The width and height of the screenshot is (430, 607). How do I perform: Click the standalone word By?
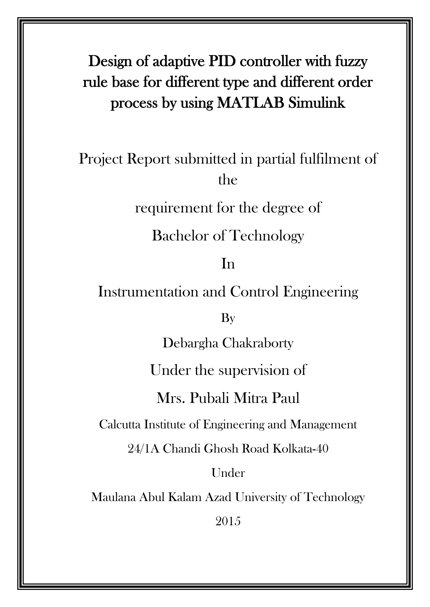(228, 318)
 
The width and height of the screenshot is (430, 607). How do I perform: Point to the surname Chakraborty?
(258, 343)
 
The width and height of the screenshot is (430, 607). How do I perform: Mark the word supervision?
(254, 370)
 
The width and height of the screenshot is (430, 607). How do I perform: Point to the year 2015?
(228, 521)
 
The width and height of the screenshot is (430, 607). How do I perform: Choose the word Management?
(324, 425)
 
